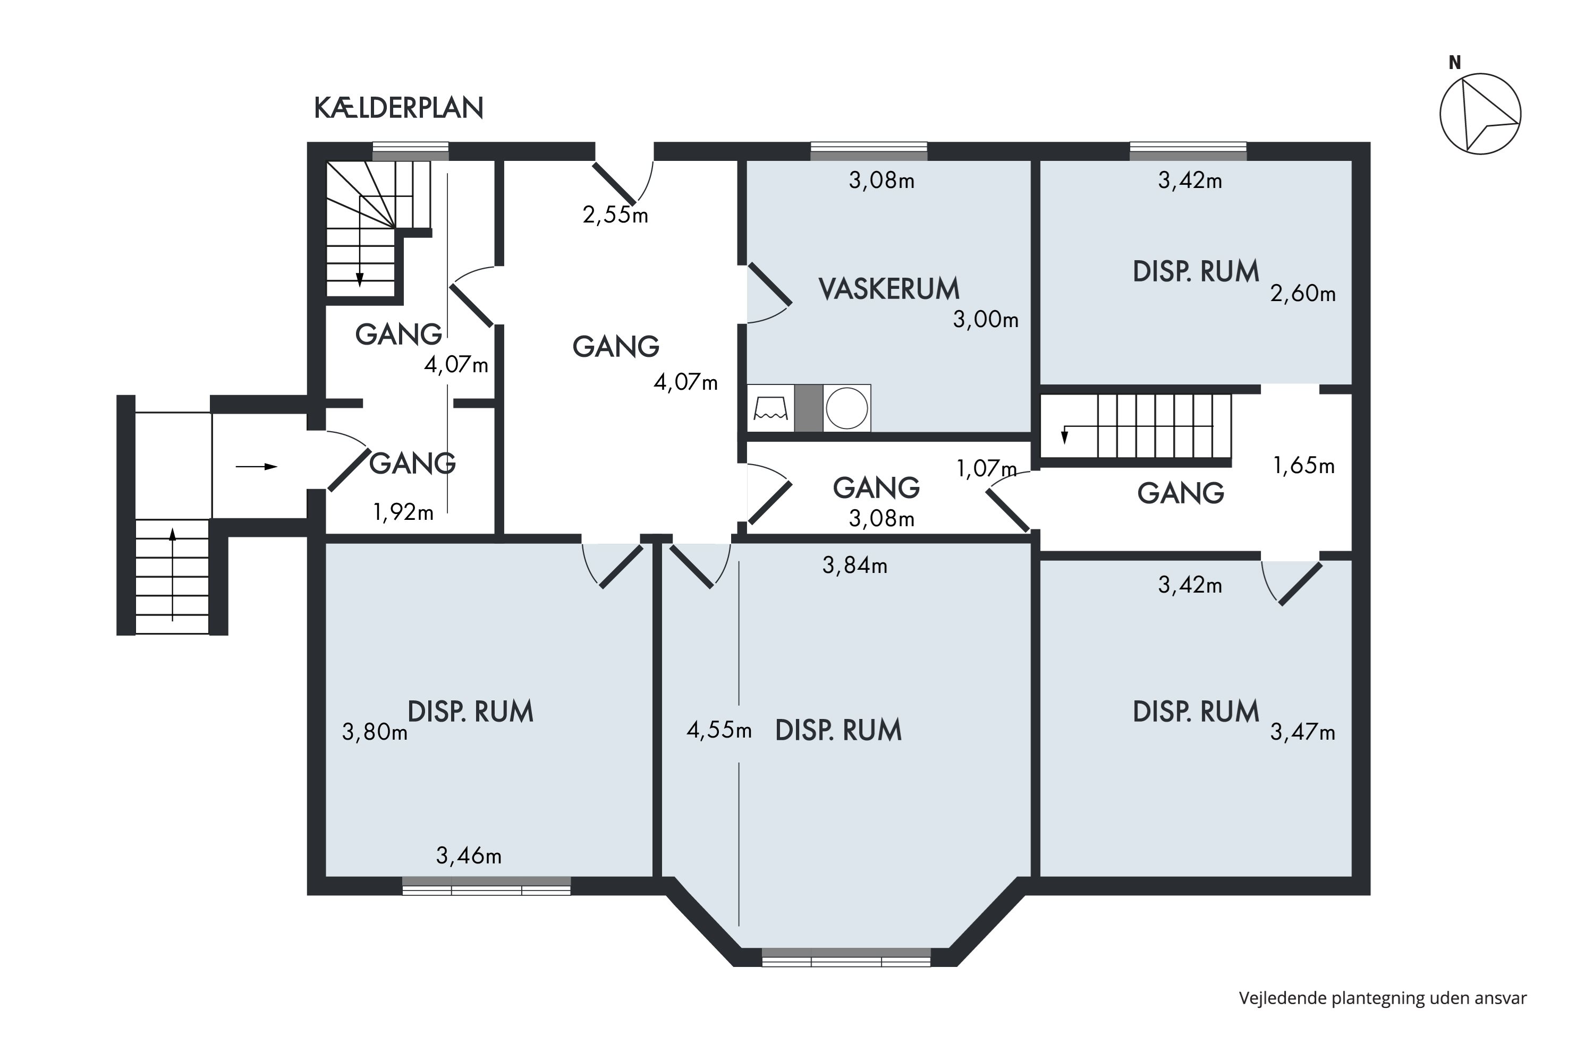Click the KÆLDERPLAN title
click(398, 108)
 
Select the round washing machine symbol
click(846, 408)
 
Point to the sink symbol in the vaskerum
click(770, 408)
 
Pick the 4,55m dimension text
click(719, 730)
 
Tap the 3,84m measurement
click(854, 565)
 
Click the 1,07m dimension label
click(986, 468)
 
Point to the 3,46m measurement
click(469, 856)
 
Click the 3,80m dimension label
click(375, 732)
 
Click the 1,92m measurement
click(403, 512)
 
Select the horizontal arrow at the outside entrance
click(256, 467)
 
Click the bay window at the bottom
click(846, 957)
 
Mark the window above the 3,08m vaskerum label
click(869, 151)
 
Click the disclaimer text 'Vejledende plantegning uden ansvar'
click(1383, 998)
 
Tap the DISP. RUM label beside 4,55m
click(838, 730)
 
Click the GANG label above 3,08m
click(876, 487)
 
